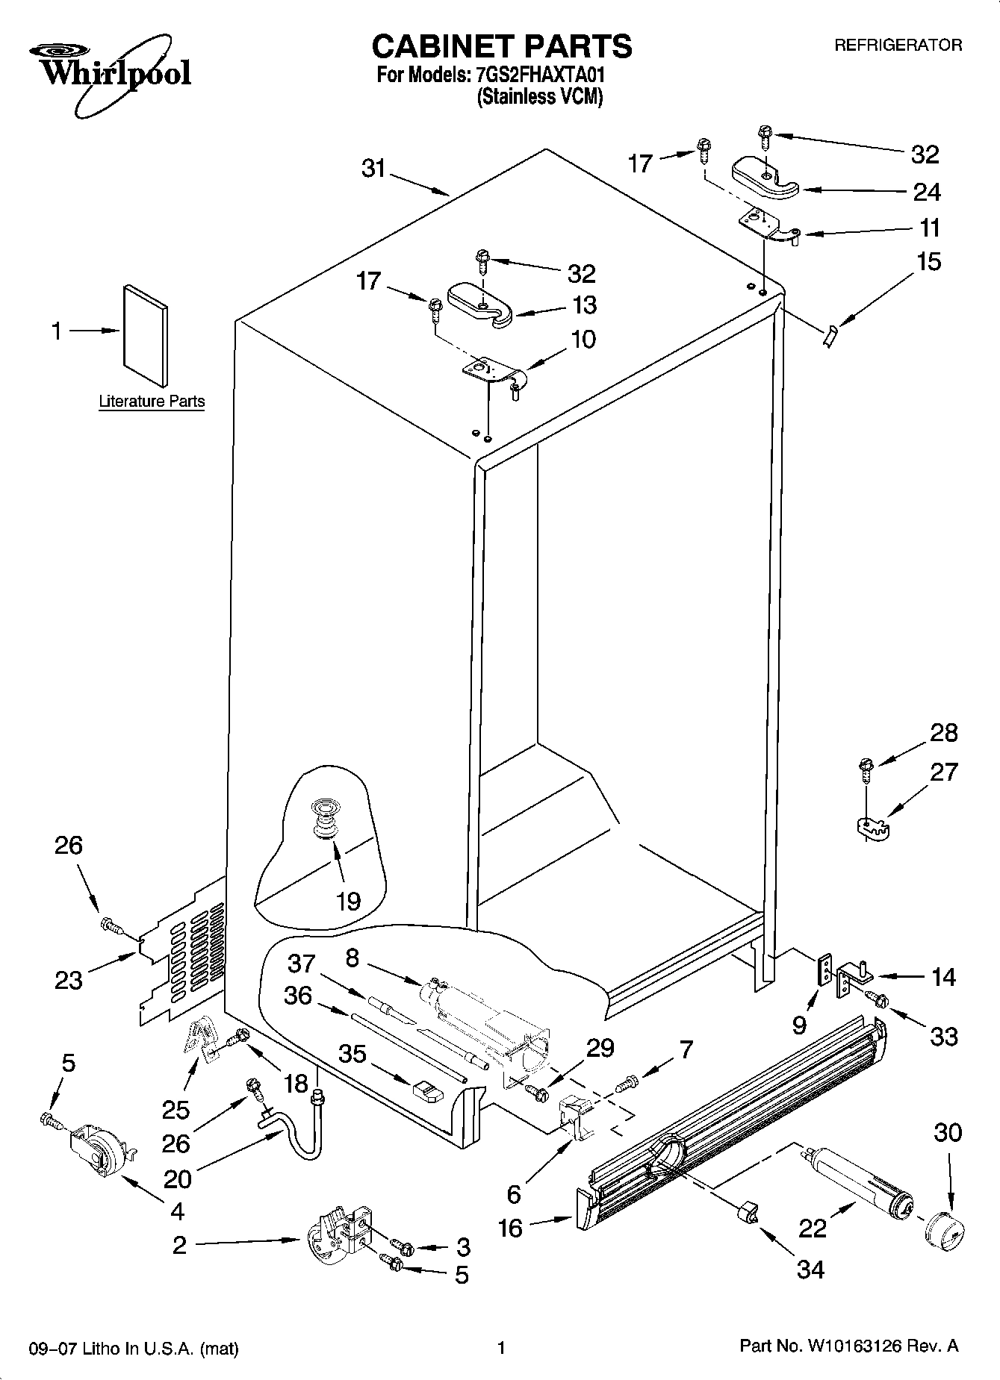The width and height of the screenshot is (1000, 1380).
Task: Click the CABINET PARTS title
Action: [502, 46]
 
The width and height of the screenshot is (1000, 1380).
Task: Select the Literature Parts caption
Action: [152, 402]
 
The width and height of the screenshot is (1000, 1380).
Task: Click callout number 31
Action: [373, 169]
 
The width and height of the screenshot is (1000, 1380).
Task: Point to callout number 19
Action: [348, 901]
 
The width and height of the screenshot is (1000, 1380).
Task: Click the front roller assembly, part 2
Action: [340, 1239]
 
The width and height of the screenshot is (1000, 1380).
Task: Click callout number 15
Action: [928, 262]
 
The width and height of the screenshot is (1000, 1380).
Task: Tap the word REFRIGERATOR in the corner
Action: [898, 46]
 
